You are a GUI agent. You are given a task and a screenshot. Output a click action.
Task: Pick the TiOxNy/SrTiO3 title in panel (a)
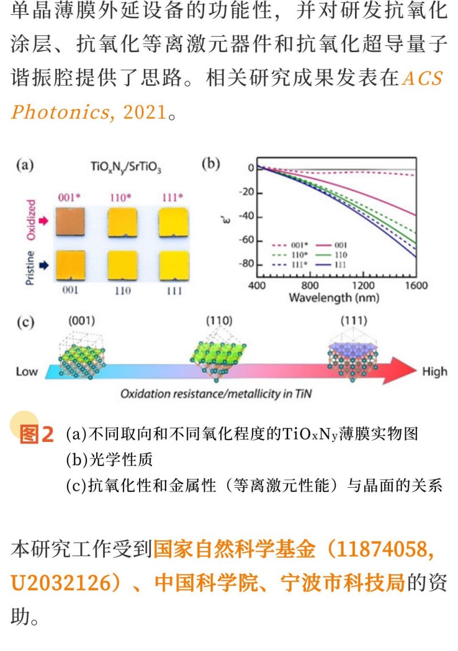(125, 168)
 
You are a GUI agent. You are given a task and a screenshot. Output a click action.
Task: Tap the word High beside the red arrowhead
(434, 372)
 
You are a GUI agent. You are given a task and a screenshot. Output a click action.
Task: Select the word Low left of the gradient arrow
(26, 372)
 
